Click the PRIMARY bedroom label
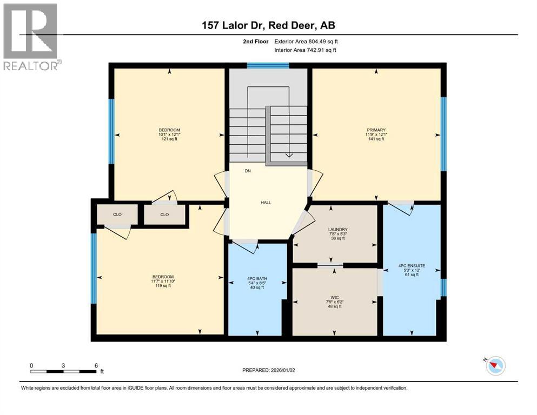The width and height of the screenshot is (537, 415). tap(376, 130)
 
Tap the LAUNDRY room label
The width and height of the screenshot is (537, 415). tap(337, 229)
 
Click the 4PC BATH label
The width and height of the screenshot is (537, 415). tap(257, 278)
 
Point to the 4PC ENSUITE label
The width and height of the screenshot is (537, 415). tap(412, 266)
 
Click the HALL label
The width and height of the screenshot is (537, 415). tap(266, 203)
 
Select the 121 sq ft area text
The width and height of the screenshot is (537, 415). tap(168, 139)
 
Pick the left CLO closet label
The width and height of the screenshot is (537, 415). tap(117, 215)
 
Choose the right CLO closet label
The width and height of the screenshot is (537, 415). tap(164, 215)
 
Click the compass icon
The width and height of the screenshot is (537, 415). tap(495, 366)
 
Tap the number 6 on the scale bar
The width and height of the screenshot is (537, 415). tap(96, 365)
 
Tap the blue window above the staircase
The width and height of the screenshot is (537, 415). tap(268, 66)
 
